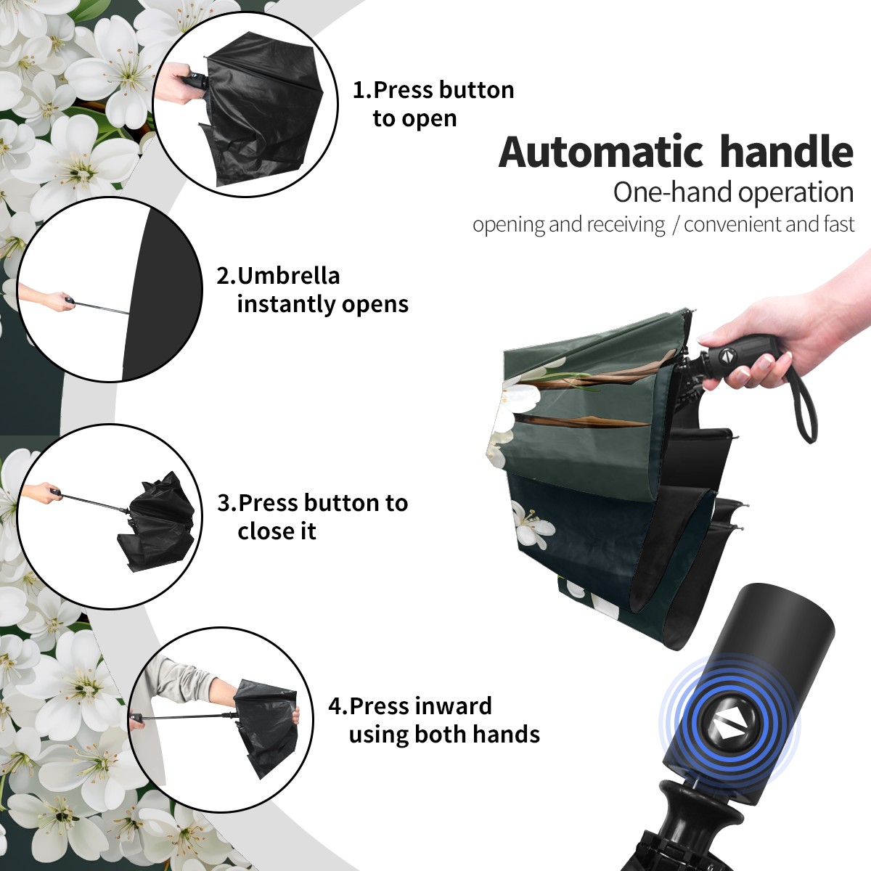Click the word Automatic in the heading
[x=601, y=152]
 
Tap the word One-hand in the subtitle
[x=673, y=192]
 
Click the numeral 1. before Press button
[x=362, y=90]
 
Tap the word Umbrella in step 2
[x=288, y=276]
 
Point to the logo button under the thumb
[x=726, y=355]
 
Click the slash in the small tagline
[x=675, y=224]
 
